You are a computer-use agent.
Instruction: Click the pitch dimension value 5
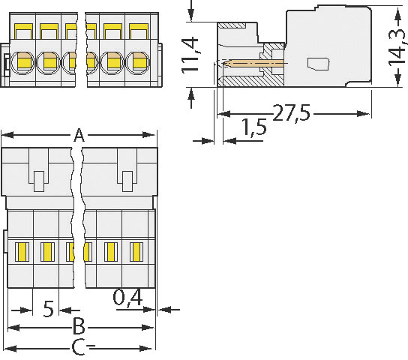(48, 309)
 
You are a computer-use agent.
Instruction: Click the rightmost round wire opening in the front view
(138, 62)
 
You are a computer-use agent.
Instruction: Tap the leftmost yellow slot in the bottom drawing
(22, 250)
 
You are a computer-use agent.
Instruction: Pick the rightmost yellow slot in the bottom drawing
(136, 250)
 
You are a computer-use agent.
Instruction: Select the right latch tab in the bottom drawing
(127, 179)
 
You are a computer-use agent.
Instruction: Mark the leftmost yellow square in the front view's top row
(23, 31)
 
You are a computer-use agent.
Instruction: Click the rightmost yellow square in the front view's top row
(138, 31)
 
